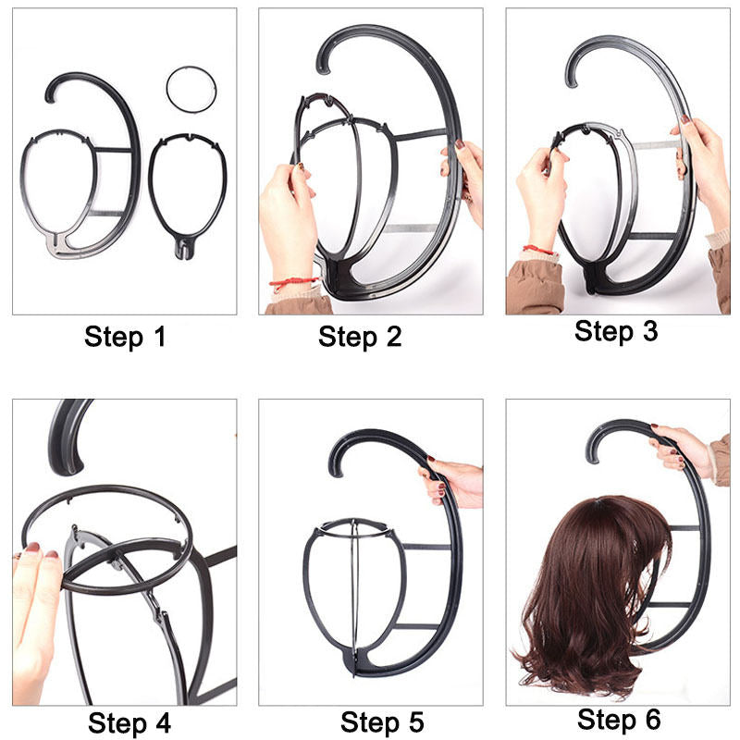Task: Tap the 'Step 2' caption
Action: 360,337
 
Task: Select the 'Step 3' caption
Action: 615,331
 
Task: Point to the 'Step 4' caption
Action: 129,721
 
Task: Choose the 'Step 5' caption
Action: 381,721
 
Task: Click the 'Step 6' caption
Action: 619,719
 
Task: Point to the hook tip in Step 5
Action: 335,459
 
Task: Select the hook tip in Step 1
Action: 50,92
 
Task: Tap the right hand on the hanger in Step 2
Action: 467,176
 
